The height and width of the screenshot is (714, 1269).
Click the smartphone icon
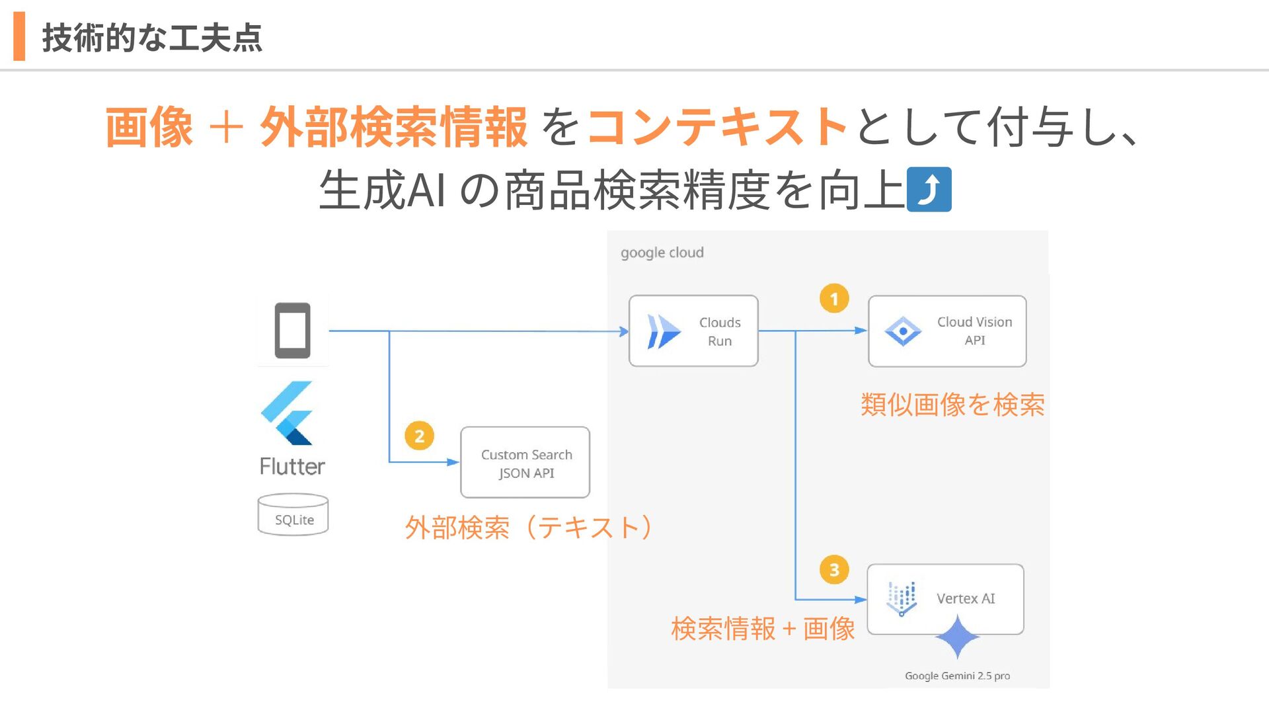coord(292,331)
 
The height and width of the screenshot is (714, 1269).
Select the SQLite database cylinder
coord(293,514)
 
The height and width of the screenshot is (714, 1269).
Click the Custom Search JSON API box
coord(525,463)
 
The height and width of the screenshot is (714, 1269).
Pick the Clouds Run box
coord(693,331)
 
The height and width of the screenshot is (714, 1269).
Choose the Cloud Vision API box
coord(947,331)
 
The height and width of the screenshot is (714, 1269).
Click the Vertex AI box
coord(945,599)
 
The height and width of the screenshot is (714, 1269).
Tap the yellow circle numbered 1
coord(834,299)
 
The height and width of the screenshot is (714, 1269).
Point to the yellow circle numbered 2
coord(419,436)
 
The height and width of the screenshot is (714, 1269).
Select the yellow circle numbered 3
coord(834,570)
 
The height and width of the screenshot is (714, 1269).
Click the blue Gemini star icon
coord(957,637)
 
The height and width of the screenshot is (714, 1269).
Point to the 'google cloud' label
coord(662,253)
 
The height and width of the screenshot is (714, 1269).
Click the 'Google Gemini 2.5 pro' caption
coord(957,676)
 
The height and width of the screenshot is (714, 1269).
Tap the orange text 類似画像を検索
coord(952,405)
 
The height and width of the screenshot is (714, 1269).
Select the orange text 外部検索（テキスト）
coord(529,528)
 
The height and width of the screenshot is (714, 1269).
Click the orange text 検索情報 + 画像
coord(763,629)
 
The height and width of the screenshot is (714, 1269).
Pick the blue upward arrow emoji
coord(929,190)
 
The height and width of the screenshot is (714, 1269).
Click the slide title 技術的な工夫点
coord(152,38)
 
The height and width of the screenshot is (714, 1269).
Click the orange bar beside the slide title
coord(19,36)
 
